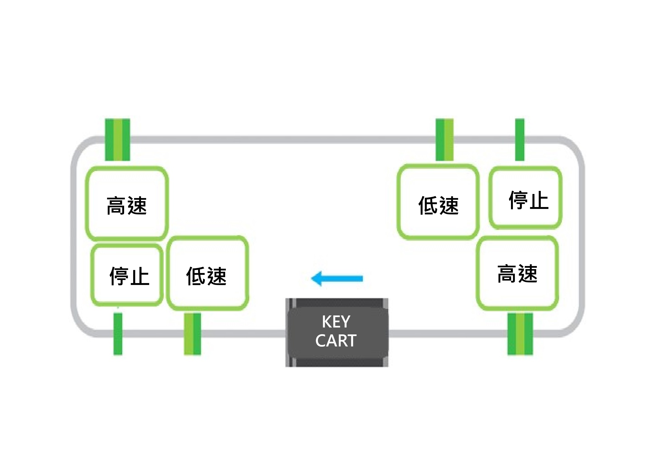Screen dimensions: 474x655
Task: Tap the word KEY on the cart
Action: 336,322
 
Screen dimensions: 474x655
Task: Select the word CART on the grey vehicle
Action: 336,341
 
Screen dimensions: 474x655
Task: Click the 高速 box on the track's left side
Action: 127,204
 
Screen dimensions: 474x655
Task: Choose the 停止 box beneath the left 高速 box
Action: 127,275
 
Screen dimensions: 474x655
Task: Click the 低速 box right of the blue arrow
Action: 438,202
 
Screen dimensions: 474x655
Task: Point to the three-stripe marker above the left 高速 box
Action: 118,140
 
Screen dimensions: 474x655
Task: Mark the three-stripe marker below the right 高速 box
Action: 520,334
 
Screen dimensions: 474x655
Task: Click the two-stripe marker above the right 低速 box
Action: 445,140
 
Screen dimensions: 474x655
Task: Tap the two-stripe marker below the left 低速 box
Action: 192,334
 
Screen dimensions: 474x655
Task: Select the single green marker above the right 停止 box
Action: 520,140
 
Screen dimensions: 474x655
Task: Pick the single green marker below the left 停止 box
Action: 118,334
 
